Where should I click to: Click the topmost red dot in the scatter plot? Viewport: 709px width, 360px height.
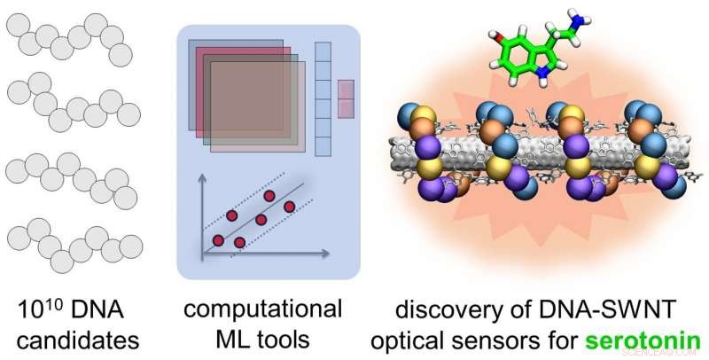(269, 195)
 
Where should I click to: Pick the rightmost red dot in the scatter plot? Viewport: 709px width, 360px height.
(289, 207)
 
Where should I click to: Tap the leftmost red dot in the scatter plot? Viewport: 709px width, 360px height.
(217, 240)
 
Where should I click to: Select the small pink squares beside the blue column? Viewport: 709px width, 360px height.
(346, 98)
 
